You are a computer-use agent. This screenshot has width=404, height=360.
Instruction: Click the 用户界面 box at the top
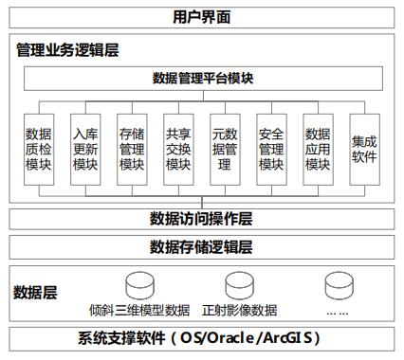(202, 17)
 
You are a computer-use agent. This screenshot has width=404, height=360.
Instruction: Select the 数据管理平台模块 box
(202, 79)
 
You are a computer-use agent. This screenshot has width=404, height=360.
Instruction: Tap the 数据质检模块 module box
(40, 150)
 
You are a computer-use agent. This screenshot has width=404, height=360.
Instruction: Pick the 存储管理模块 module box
(132, 150)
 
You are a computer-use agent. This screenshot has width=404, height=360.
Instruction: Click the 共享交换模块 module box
(178, 150)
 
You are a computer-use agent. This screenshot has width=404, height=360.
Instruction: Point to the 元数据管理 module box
(225, 150)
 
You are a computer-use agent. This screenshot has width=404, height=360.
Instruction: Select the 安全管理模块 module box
(271, 150)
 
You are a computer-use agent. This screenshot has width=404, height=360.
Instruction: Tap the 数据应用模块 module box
(318, 150)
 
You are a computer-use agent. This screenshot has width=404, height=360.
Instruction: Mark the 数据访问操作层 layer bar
(202, 220)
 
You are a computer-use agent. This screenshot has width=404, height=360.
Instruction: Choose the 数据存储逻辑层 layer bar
(202, 247)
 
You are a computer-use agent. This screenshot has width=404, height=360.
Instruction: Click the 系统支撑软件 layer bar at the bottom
(202, 338)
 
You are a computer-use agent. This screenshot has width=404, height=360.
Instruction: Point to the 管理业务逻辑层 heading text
(67, 47)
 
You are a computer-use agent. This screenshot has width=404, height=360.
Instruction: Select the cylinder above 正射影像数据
(239, 283)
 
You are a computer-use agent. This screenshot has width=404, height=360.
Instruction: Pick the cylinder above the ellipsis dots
(337, 283)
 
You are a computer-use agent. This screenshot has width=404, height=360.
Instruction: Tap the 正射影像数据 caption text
(239, 309)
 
